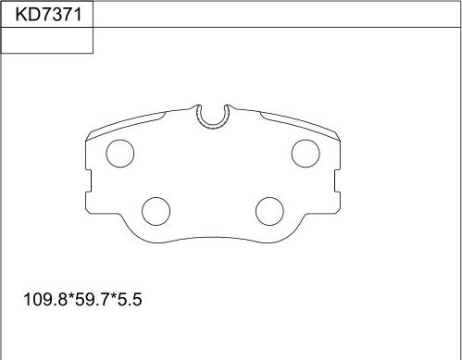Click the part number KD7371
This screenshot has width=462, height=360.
pyautogui.click(x=49, y=15)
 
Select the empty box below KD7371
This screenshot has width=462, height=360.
pyautogui.click(x=47, y=40)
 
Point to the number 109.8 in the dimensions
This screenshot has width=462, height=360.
pyautogui.click(x=45, y=300)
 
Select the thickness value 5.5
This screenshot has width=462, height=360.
pyautogui.click(x=130, y=300)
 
